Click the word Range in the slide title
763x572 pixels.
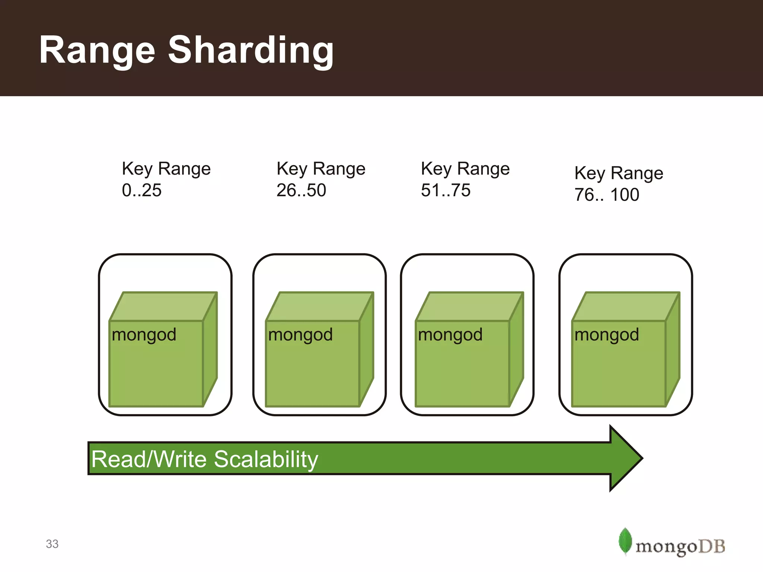point(97,50)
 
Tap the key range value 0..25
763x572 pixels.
point(142,190)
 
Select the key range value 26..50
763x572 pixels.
point(301,190)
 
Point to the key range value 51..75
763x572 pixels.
point(446,190)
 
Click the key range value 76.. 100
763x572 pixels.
point(607,195)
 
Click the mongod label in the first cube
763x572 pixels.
point(144,335)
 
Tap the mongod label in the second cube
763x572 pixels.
point(300,335)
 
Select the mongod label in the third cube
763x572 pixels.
point(450,335)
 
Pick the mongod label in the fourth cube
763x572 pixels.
point(607,335)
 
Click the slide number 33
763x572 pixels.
point(52,544)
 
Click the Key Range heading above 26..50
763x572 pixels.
point(321,169)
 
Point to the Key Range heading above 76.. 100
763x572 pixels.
point(618,173)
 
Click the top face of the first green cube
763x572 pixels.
point(163,306)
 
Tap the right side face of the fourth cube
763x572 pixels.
point(673,350)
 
